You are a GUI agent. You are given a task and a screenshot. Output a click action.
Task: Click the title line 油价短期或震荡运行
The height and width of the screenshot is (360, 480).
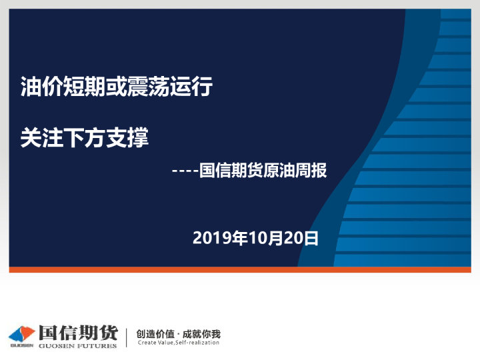117,87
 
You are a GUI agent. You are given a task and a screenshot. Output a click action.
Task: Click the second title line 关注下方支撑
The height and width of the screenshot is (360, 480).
85,138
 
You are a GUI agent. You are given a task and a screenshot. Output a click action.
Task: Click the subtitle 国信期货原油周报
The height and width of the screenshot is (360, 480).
263,171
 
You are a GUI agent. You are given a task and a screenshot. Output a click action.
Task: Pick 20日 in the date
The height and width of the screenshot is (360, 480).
300,238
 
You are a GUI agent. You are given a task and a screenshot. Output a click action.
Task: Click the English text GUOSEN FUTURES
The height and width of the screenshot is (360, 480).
77,345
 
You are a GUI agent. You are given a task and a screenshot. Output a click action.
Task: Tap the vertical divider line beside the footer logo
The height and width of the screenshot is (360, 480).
126,337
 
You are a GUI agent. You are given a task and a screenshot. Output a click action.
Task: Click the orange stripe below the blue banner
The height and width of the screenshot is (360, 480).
240,270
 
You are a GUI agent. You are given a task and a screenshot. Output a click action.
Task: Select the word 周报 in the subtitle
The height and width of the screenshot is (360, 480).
311,171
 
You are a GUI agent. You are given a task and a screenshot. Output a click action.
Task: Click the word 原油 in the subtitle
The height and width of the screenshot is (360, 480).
279,171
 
